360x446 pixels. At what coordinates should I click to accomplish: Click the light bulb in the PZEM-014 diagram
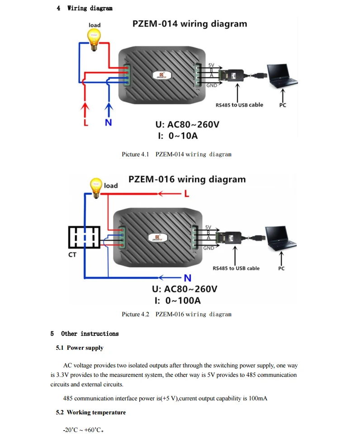click(94, 40)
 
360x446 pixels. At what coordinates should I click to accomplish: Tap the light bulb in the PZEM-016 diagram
click(96, 188)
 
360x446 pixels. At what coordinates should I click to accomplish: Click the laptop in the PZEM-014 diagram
click(282, 76)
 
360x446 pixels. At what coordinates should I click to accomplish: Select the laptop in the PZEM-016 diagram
click(280, 238)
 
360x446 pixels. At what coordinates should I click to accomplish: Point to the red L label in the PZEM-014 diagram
click(86, 122)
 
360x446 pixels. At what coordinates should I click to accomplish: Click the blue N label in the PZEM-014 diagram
click(109, 122)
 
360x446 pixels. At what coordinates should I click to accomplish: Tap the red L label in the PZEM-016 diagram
click(187, 194)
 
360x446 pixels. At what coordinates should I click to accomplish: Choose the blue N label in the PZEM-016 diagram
click(188, 278)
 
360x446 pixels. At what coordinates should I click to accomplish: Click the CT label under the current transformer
click(72, 254)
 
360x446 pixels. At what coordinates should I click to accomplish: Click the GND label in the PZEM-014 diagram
click(212, 85)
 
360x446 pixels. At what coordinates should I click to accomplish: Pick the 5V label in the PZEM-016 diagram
click(208, 227)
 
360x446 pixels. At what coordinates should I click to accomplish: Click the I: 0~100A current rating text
click(178, 300)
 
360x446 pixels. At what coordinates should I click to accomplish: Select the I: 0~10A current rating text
click(178, 136)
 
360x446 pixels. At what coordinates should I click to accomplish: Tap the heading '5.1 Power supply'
click(80, 348)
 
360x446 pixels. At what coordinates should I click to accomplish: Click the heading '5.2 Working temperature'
click(91, 413)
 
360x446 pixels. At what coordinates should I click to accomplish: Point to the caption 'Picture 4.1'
click(136, 155)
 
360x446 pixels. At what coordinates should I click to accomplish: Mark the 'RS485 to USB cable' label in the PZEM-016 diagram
click(236, 268)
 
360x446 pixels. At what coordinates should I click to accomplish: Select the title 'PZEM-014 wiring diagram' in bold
click(190, 24)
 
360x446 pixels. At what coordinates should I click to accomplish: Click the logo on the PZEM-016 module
click(157, 238)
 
